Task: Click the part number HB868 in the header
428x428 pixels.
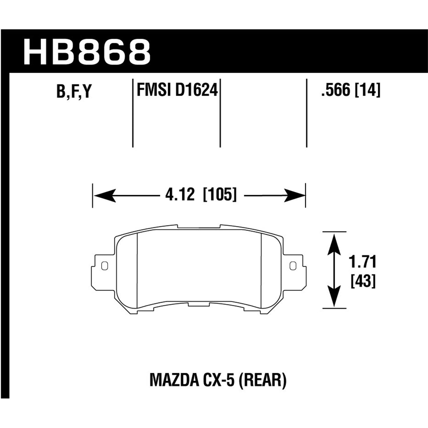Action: pos(87,52)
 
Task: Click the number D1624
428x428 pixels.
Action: pos(197,90)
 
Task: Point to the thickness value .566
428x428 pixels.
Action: pos(336,91)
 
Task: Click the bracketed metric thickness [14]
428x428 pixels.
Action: pos(368,91)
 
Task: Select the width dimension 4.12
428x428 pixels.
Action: pos(180,195)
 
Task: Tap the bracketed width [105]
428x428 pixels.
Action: pos(220,195)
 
